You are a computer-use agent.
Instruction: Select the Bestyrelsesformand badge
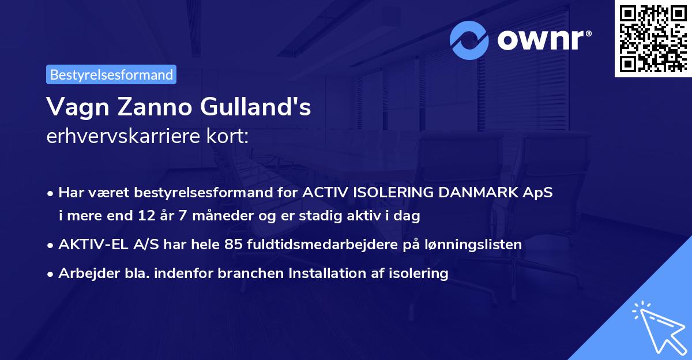coord(111,74)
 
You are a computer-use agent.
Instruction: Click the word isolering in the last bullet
coord(419,273)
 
